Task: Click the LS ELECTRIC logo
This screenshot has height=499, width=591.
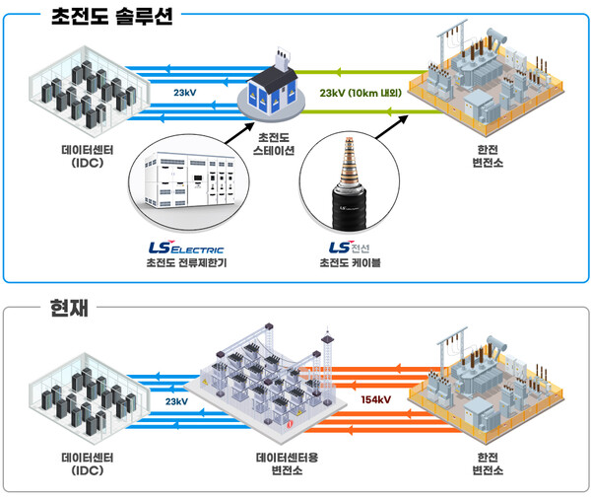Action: [185, 249]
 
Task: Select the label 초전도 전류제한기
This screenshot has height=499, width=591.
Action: [185, 265]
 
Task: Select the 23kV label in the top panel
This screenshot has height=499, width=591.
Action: [185, 95]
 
